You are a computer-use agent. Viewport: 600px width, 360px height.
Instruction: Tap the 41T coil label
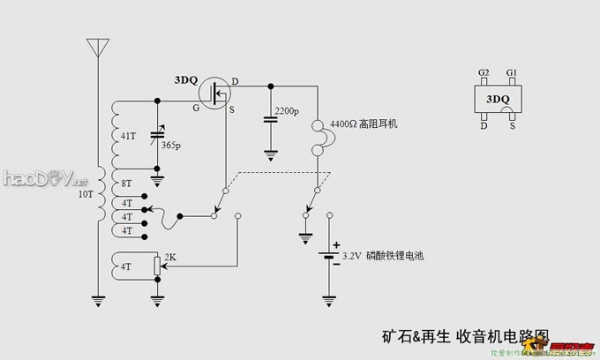[x=128, y=136]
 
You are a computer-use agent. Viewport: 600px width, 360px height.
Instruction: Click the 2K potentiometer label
[x=171, y=258]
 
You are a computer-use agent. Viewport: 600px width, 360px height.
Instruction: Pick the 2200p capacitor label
[x=287, y=112]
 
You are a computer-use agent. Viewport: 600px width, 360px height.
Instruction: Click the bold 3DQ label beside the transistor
[x=186, y=79]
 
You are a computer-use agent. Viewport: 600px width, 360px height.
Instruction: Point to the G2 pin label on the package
[x=483, y=71]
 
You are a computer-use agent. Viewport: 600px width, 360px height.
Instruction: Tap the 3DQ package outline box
[x=497, y=99]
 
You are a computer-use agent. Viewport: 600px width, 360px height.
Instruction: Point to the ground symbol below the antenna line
[x=96, y=301]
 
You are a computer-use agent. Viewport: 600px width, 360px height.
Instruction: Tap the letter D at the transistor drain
[x=235, y=82]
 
